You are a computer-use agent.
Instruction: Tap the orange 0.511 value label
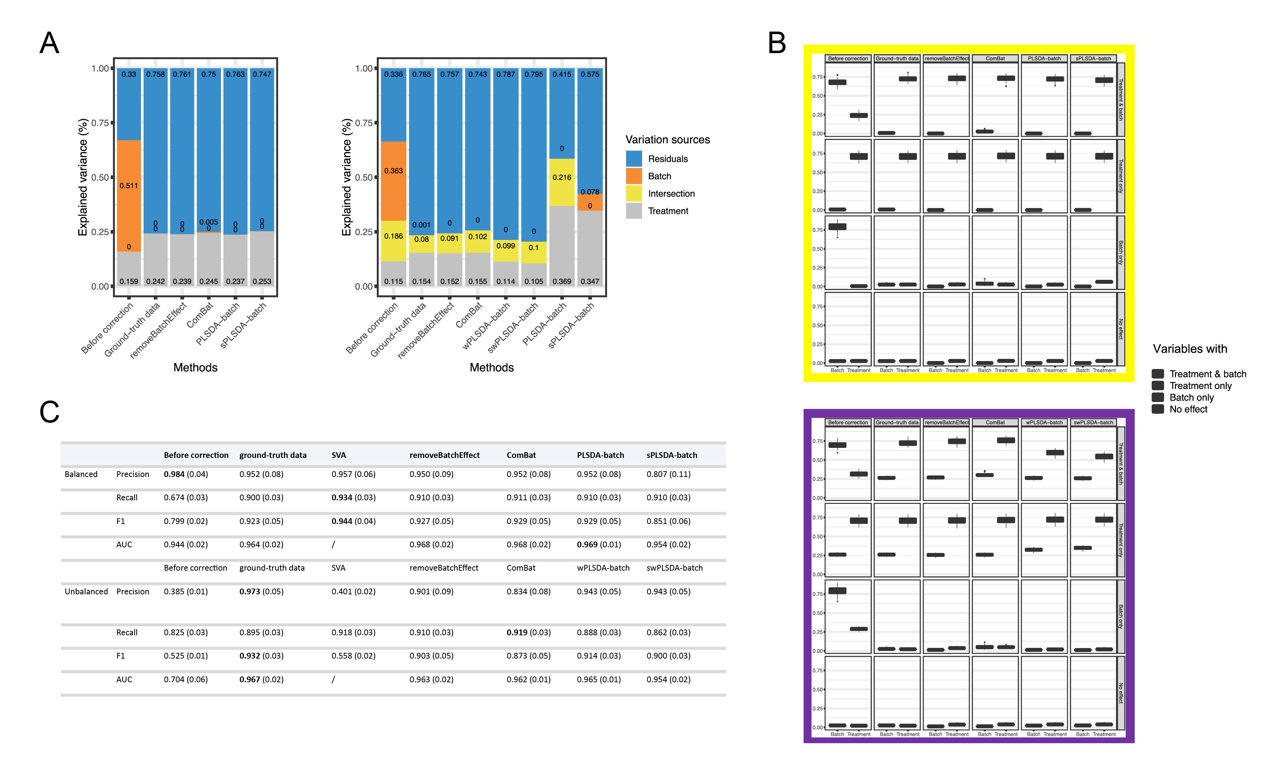tap(129, 186)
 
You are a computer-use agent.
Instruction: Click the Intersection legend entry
tap(671, 194)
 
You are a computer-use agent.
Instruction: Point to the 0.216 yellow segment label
tap(561, 177)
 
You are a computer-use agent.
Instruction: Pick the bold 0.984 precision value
tap(174, 474)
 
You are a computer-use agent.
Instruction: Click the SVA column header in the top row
tap(339, 455)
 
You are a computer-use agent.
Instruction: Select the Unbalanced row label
tap(86, 591)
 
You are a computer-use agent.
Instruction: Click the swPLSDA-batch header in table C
tap(674, 568)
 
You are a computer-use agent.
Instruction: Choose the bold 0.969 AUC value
tap(587, 544)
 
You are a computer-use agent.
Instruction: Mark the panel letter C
tap(50, 412)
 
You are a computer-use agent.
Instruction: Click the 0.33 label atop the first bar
tap(129, 74)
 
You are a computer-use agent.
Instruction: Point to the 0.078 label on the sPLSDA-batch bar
tap(590, 192)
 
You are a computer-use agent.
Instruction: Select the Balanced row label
tap(81, 474)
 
